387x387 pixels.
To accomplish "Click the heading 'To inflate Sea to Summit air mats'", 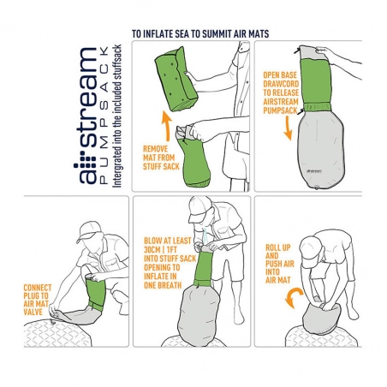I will point(206,36).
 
